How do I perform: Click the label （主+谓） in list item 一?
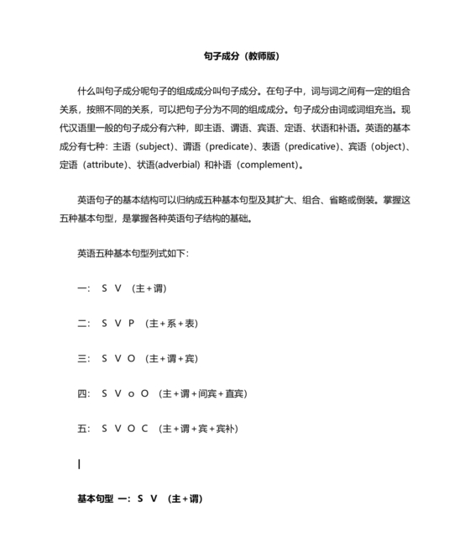point(149,288)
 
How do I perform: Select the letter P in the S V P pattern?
point(132,324)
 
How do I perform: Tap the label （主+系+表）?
point(172,324)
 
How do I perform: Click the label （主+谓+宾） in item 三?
point(172,359)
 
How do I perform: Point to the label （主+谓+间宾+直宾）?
point(203,393)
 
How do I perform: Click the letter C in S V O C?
point(144,429)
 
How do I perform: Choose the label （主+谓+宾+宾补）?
point(198,429)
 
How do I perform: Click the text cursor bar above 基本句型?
point(79,464)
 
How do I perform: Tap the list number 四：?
point(83,393)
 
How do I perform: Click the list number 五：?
point(83,429)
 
